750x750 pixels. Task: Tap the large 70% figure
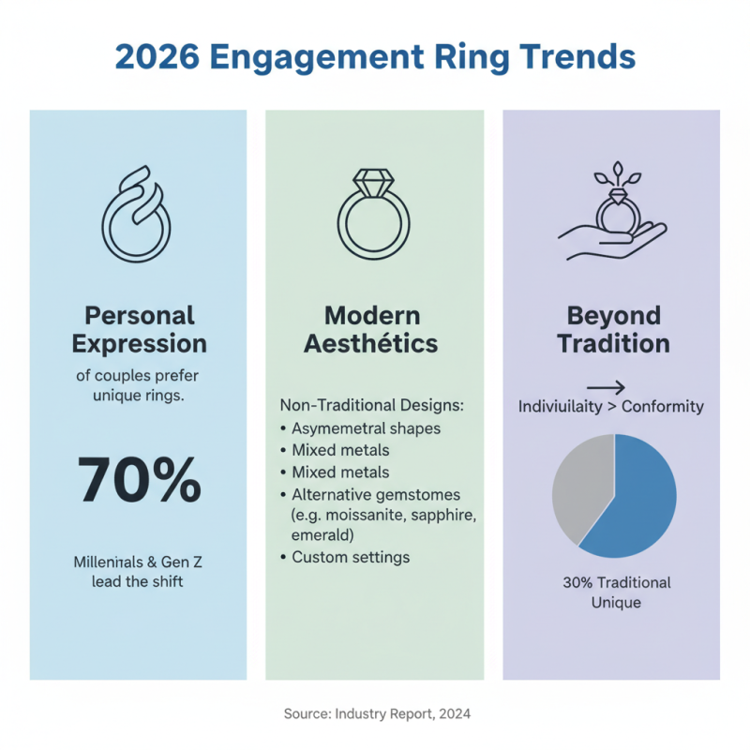point(139,480)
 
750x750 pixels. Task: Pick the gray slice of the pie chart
point(579,486)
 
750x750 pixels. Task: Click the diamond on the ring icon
point(374,180)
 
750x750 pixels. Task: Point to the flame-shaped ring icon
point(138,213)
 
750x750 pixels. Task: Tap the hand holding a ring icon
point(610,215)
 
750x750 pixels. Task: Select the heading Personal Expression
point(139,328)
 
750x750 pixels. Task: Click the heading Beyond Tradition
point(613,328)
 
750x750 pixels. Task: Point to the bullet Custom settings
point(351,557)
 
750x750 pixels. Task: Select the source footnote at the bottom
point(376,714)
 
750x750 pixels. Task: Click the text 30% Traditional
point(616,582)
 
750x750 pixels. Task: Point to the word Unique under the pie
point(616,603)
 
